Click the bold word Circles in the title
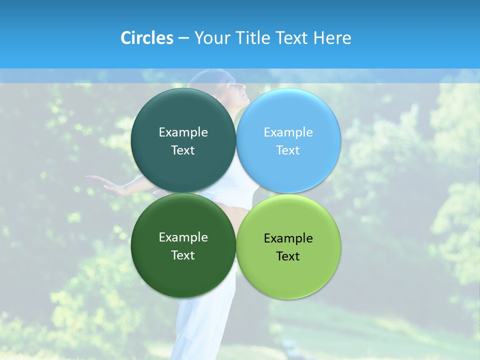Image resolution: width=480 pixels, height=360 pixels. click(147, 38)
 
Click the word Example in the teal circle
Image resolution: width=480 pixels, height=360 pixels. click(183, 132)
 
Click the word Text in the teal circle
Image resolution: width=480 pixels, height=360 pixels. click(183, 150)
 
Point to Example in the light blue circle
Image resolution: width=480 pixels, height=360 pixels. click(288, 132)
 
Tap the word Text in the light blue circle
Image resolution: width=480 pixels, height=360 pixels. click(288, 150)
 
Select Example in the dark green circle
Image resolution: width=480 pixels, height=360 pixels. click(183, 237)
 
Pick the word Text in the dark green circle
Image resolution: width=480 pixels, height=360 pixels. click(183, 255)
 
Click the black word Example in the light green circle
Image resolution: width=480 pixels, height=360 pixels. click(288, 238)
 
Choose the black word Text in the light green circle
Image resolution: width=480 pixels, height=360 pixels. click(288, 256)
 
